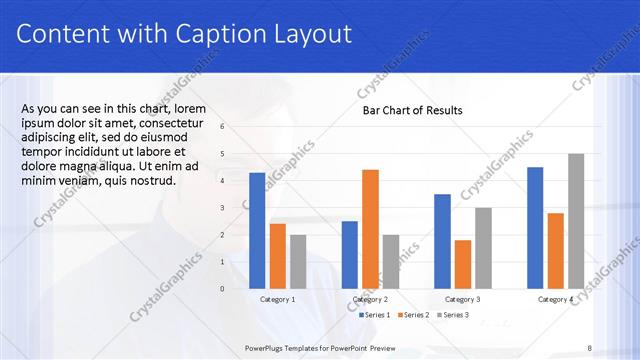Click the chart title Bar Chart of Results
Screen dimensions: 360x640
point(412,110)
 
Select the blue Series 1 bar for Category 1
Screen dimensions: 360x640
point(257,230)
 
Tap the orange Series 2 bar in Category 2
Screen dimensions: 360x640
point(370,229)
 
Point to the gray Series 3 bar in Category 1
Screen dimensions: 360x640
point(298,261)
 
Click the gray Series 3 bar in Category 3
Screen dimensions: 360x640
point(483,248)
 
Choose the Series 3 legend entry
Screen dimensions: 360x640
point(455,315)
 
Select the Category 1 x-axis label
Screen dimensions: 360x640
point(277,299)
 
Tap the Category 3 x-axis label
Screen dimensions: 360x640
point(462,299)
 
